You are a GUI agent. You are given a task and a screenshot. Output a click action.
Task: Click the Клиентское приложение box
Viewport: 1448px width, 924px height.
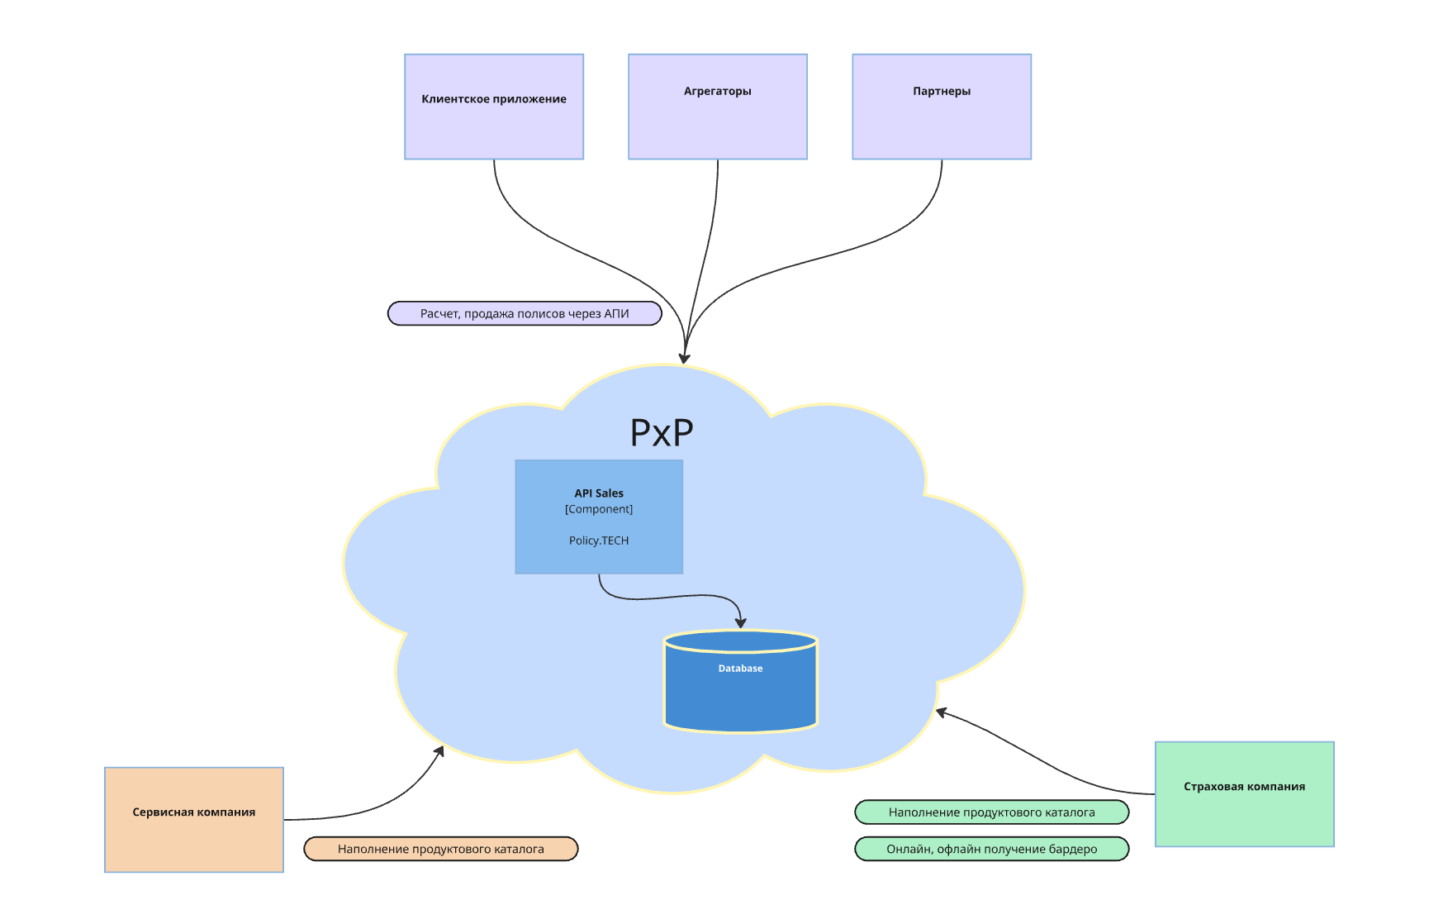coord(494,107)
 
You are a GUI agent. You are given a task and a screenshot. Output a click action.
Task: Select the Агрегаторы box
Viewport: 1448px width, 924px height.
coord(718,107)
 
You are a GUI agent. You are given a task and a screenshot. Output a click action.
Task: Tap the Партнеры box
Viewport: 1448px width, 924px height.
coord(942,107)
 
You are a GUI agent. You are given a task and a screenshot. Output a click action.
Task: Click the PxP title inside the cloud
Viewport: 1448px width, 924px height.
coord(662,432)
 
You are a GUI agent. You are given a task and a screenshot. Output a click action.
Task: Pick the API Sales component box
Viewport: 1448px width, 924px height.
coord(599,517)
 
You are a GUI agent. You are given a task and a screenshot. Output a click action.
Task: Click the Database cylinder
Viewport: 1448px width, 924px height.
coord(741,681)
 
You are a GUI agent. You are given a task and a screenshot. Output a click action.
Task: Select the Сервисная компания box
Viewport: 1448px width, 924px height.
coord(194,820)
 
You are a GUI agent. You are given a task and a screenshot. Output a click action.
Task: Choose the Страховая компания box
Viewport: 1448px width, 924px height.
coord(1245,794)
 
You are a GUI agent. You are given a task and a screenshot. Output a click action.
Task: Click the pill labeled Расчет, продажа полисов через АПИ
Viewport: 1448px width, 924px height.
coord(525,313)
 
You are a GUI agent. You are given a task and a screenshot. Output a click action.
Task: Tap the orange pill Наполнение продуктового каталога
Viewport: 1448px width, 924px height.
coord(441,849)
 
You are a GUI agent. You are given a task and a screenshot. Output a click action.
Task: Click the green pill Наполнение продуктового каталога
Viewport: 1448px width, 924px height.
coord(992,812)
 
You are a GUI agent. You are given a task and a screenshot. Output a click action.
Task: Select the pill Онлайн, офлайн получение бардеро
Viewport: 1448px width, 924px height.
coord(992,849)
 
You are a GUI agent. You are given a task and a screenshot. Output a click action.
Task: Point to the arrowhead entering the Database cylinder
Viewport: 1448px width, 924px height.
coord(741,623)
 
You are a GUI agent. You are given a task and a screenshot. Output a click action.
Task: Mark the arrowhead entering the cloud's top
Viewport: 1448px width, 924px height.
coord(684,359)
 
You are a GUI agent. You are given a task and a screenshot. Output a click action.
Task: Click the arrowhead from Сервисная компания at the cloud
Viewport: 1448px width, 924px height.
coord(440,750)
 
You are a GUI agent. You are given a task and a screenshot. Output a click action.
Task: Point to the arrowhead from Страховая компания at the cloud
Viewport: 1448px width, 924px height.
coord(941,712)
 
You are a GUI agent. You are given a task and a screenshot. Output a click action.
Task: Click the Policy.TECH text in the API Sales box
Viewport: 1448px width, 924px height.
coord(599,541)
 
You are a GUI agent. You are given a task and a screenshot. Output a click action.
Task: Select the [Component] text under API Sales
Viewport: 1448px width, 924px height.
coord(599,509)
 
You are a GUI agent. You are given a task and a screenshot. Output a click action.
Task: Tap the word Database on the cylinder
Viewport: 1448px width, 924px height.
coord(740,669)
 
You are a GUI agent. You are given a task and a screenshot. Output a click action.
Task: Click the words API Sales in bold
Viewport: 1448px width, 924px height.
coord(599,493)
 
